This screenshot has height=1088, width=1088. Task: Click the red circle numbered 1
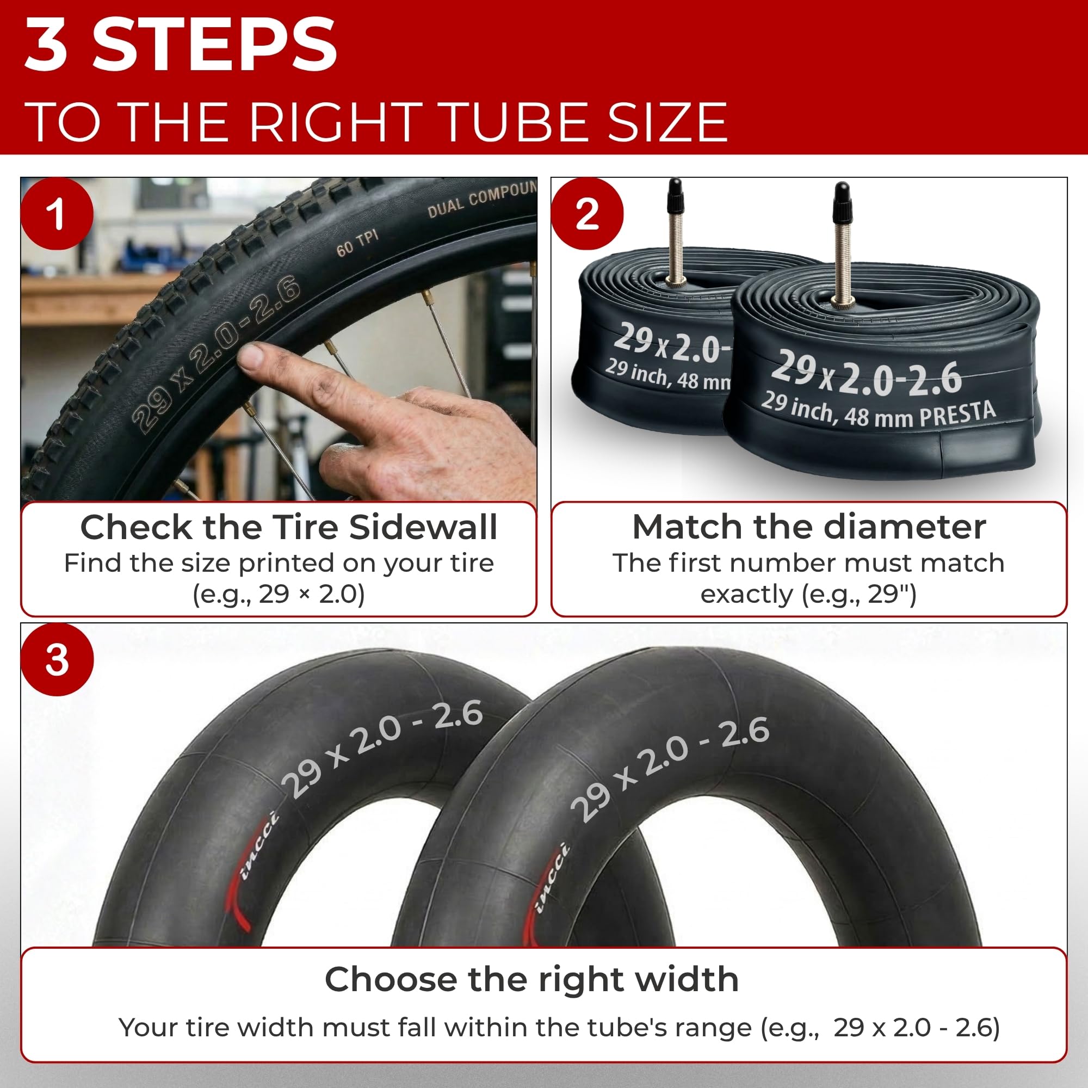(57, 214)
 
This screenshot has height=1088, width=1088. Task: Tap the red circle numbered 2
(588, 214)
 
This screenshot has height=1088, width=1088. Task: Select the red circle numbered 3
(57, 659)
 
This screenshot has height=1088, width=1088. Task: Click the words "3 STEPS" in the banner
(181, 45)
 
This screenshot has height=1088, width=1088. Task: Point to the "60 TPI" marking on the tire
(357, 243)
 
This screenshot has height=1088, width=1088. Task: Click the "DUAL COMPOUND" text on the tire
(482, 198)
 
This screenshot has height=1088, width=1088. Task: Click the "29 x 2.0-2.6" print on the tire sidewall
(217, 354)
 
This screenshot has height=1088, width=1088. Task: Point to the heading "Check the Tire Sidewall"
(289, 528)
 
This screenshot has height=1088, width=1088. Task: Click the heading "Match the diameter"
(809, 527)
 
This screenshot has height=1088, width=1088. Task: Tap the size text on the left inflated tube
(382, 749)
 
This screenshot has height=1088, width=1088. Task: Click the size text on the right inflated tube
(670, 769)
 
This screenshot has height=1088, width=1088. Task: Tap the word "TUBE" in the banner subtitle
(509, 122)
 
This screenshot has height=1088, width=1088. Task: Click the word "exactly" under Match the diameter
(746, 595)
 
